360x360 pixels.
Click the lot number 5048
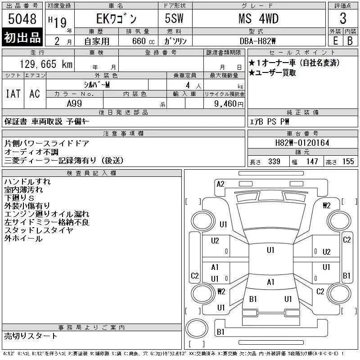click(x=22, y=19)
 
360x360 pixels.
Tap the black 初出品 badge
click(x=22, y=37)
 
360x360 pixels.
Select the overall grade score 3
click(x=343, y=18)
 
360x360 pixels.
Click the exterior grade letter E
click(x=335, y=41)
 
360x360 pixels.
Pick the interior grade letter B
click(x=350, y=41)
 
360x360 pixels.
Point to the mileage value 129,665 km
click(x=46, y=64)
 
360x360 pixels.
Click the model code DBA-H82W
click(x=257, y=41)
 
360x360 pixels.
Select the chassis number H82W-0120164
click(x=302, y=143)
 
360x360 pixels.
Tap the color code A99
click(x=74, y=103)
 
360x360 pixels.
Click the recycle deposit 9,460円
click(x=229, y=104)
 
